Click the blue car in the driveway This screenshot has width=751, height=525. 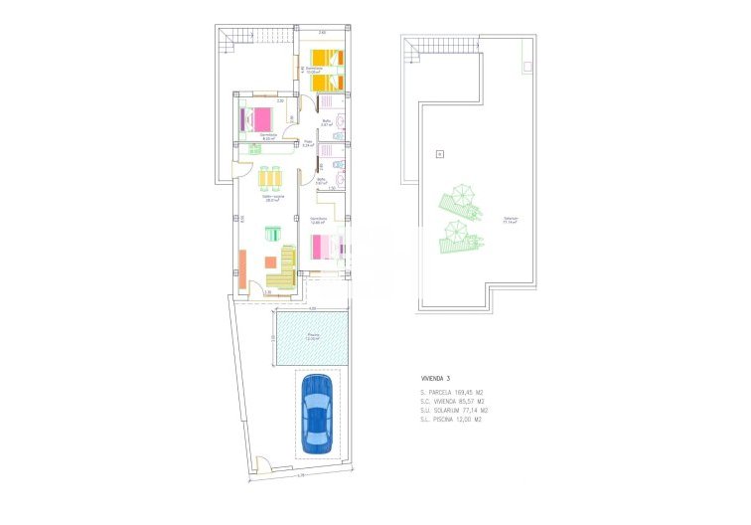(317, 411)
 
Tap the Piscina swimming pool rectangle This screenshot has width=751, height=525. (313, 337)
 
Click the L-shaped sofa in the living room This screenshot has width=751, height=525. (286, 269)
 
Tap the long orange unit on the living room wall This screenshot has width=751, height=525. (241, 268)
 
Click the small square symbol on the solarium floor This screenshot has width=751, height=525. (437, 154)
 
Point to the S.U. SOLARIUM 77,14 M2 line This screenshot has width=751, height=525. (454, 410)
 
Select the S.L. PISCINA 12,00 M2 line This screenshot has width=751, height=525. (453, 419)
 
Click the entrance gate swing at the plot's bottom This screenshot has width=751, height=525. (262, 464)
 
